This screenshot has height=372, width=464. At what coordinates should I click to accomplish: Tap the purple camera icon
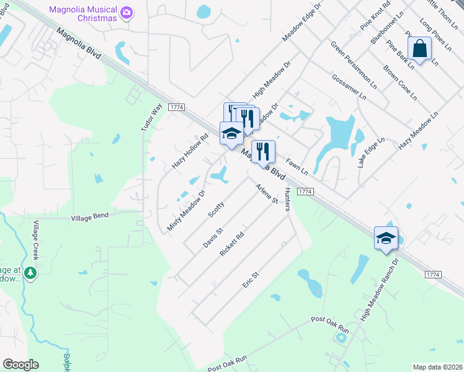pos(127,12)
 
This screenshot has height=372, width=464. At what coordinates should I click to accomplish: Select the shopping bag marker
pos(420,48)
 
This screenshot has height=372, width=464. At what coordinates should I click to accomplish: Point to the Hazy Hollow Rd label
pos(190,152)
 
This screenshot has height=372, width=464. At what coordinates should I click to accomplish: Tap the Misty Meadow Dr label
pos(186,211)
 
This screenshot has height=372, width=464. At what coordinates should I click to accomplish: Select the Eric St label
pos(250,279)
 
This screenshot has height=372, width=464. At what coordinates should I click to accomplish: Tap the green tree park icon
pos(30,271)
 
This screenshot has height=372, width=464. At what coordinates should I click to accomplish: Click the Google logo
pos(20,365)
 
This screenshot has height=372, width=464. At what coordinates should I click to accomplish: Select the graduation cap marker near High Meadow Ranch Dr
pos(386,238)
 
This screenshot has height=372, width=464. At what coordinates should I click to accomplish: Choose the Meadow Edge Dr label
pos(303,22)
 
